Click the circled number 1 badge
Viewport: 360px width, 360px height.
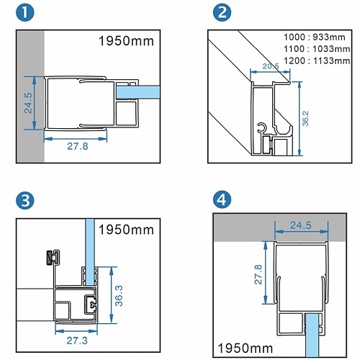pos(25,12)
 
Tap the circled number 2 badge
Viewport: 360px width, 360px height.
pos(222,12)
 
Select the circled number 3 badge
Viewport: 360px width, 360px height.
pos(25,201)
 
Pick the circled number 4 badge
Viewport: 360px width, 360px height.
pos(222,199)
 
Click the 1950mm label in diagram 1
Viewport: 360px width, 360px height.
pos(126,41)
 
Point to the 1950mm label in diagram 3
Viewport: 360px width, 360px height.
pos(126,230)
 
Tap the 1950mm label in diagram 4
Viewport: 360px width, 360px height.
pos(245,348)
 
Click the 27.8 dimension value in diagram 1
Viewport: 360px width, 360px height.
pos(78,146)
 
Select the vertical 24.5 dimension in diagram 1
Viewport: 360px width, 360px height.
pos(28,103)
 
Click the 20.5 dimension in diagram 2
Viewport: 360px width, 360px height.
pos(271,66)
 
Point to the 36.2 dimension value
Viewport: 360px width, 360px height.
pos(305,118)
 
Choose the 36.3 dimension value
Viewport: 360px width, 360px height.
pos(119,296)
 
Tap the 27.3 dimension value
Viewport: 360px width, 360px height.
pos(77,341)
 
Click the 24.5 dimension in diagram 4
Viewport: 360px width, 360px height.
pos(301,225)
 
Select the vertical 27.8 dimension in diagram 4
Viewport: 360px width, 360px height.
pos(258,274)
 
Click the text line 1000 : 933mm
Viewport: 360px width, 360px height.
pos(315,37)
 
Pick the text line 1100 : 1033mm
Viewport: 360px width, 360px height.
pos(317,49)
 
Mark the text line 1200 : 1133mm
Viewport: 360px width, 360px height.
pos(317,60)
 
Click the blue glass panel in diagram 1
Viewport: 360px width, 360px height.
pos(138,92)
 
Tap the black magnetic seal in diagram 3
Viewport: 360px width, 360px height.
pos(50,258)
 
